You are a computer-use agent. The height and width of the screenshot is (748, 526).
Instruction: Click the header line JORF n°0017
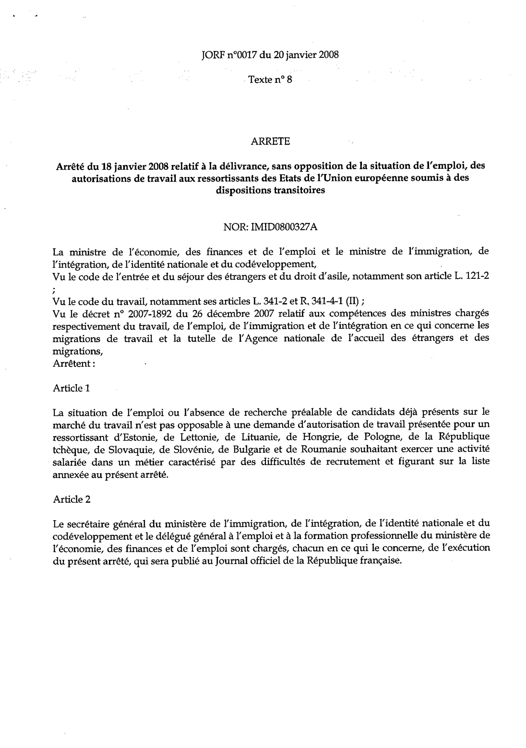(x=270, y=55)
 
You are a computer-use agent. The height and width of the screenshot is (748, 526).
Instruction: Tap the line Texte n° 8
(x=270, y=79)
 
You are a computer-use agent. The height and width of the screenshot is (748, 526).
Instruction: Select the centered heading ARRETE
(x=270, y=141)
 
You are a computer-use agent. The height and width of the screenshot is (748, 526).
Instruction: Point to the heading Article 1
(x=71, y=388)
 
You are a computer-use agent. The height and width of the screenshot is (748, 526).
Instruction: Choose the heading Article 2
(x=72, y=500)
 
